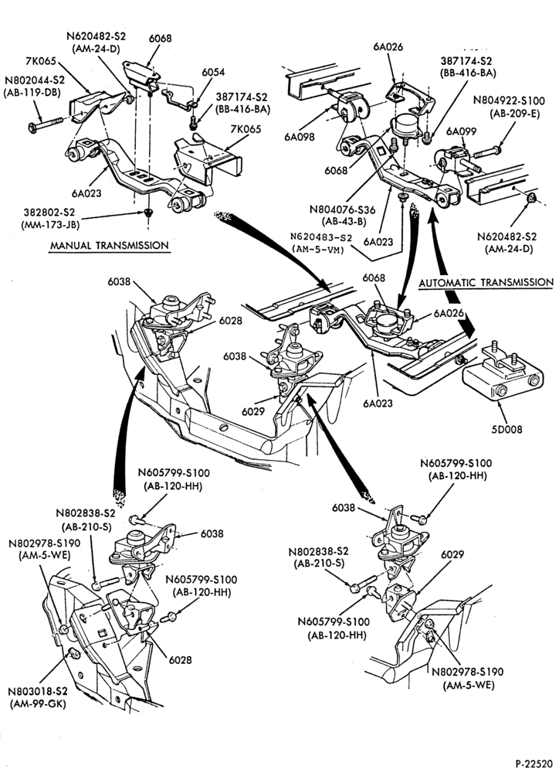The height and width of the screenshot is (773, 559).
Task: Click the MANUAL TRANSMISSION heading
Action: point(110,245)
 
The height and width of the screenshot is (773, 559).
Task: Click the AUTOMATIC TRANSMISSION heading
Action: point(486,282)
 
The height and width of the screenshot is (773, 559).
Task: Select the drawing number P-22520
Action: point(534,764)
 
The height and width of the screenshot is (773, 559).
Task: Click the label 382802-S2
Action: point(49,213)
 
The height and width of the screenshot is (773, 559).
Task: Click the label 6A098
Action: point(300,137)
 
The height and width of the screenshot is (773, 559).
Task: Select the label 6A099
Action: point(461,131)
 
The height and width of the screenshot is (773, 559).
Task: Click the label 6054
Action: point(213,72)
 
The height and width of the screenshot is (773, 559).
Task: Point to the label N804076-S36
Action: point(342,209)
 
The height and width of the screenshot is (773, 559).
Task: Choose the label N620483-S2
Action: point(321,237)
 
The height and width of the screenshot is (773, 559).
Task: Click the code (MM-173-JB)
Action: point(49,224)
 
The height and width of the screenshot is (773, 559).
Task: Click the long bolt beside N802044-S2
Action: point(46,124)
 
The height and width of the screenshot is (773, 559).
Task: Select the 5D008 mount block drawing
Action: point(503,373)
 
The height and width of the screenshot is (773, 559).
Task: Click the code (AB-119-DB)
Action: point(32,92)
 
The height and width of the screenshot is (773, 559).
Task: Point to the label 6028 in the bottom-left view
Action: point(180,659)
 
